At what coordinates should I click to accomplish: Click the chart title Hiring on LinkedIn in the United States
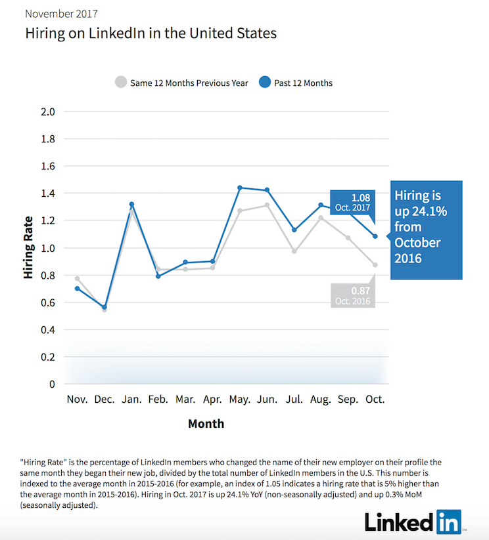pyautogui.click(x=151, y=33)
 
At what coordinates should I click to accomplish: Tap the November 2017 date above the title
pyautogui.click(x=62, y=12)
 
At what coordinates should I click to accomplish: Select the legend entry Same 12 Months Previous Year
pyautogui.click(x=182, y=83)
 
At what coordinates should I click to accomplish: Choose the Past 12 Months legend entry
pyautogui.click(x=295, y=83)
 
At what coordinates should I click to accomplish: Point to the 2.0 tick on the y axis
pyautogui.click(x=48, y=112)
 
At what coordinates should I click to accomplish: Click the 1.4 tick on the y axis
pyautogui.click(x=48, y=194)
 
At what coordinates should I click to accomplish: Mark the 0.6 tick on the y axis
pyautogui.click(x=48, y=302)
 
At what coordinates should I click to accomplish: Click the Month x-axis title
pyautogui.click(x=206, y=423)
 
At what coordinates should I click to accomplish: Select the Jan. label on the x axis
pyautogui.click(x=131, y=399)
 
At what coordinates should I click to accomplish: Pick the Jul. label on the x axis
pyautogui.click(x=294, y=399)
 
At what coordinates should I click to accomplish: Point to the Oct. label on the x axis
pyautogui.click(x=375, y=399)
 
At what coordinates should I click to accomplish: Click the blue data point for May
pyautogui.click(x=240, y=188)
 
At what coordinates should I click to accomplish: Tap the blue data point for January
pyautogui.click(x=131, y=205)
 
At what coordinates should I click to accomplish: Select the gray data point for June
pyautogui.click(x=267, y=205)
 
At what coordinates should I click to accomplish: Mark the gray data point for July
pyautogui.click(x=294, y=251)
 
